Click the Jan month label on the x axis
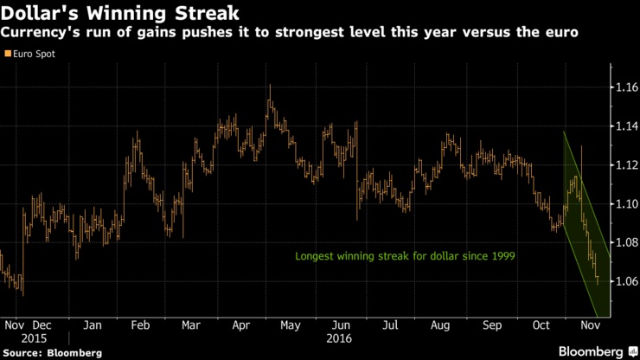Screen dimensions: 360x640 (x=94, y=325)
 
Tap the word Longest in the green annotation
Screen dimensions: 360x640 (x=317, y=256)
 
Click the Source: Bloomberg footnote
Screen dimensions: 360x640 (x=52, y=353)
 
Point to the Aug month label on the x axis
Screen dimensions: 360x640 (x=441, y=325)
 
